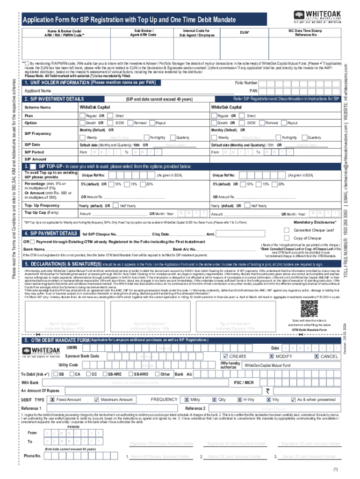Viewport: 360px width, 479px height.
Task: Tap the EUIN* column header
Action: click(244, 33)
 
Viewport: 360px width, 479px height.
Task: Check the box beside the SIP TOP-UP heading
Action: click(33, 166)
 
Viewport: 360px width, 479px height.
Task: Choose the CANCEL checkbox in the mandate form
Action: click(317, 356)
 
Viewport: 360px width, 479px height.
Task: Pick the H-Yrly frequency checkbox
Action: click(239, 400)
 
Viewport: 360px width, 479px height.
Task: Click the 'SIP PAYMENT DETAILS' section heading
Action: click(50, 233)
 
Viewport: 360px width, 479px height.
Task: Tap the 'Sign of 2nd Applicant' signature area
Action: click(148, 326)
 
